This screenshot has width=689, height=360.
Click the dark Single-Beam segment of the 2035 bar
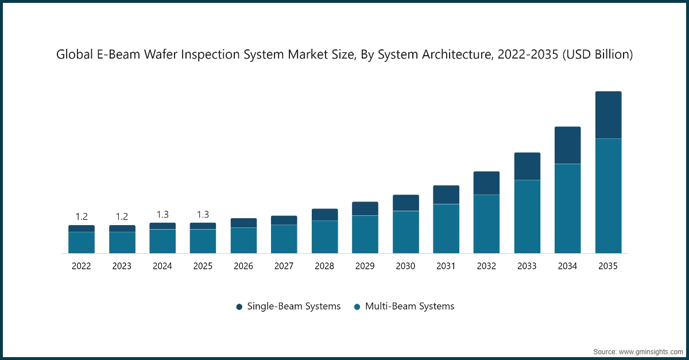(608, 115)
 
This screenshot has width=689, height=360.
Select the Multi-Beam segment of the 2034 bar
(567, 208)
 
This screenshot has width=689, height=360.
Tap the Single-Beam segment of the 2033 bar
(527, 166)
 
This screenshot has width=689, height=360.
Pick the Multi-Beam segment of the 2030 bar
(406, 232)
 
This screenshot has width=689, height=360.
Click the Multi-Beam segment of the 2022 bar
(82, 242)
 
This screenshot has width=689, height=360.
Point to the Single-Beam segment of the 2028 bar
(325, 215)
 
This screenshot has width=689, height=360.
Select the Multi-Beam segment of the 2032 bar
(486, 224)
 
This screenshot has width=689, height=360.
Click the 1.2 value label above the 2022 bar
(82, 216)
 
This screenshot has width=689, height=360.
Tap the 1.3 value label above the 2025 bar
(203, 214)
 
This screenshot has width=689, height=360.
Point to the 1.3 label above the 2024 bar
(162, 214)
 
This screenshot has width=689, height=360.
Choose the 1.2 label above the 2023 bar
(122, 216)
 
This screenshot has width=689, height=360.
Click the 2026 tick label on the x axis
(243, 266)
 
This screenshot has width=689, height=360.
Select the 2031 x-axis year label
(446, 266)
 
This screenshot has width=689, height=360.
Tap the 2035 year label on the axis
(608, 266)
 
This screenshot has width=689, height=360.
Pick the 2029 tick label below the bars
(365, 266)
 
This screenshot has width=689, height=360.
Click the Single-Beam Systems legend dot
(239, 307)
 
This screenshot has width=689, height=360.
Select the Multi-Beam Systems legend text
(409, 306)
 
